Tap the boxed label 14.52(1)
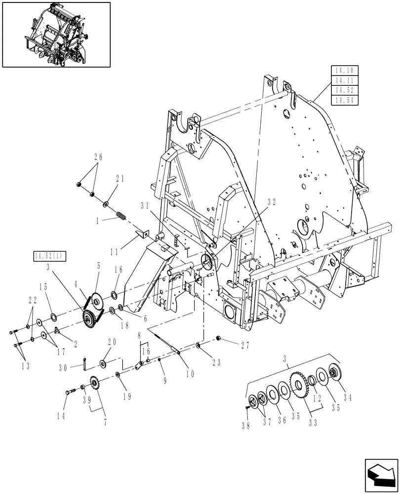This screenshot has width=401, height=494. coord(50,255)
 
